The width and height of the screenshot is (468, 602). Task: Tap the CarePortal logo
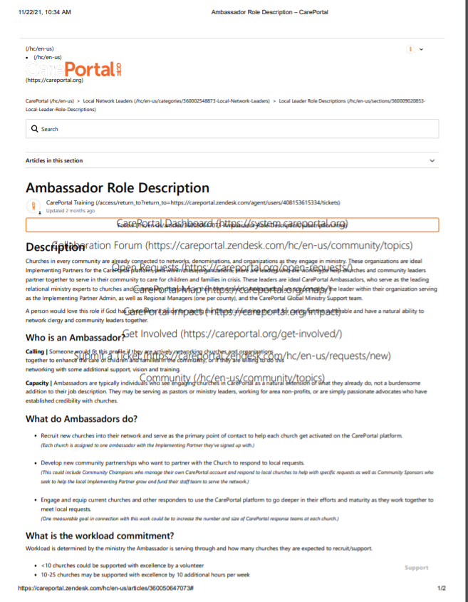coord(74,69)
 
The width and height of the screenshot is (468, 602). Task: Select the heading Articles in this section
coord(54,160)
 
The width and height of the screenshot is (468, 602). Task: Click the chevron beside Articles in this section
coord(432,161)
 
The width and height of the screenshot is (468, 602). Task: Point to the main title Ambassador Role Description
coord(118,188)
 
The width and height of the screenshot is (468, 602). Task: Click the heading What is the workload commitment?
coord(100,535)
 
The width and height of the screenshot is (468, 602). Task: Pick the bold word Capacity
coord(38,383)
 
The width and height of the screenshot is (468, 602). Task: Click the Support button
coord(417,568)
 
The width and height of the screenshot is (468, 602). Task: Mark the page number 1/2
coord(441,588)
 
